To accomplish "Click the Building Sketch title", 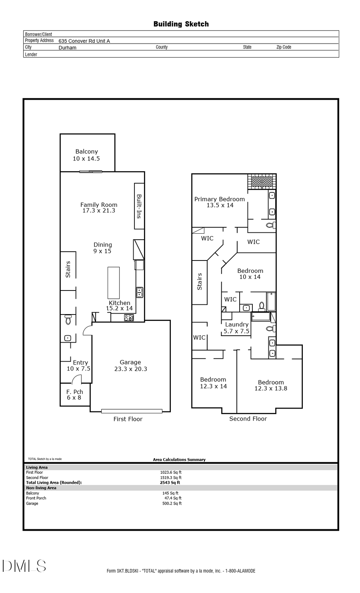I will [x=181, y=24].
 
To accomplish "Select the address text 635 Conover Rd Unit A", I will [x=84, y=41].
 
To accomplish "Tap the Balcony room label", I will [x=86, y=152].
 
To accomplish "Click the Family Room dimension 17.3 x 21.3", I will [x=99, y=210].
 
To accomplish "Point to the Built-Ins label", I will [x=139, y=206].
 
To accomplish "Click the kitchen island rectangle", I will [x=114, y=282].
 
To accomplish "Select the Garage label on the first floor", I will [x=130, y=362].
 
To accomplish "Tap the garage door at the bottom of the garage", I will [x=132, y=411].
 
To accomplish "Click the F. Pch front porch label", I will [x=74, y=392].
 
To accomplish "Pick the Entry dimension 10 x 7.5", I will [x=78, y=369].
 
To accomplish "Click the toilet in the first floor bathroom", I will [x=68, y=320].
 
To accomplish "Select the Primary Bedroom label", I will [x=220, y=199].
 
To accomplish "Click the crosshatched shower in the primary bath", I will [x=262, y=181].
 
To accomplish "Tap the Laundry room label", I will [x=236, y=325].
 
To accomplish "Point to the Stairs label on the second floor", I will [x=200, y=281].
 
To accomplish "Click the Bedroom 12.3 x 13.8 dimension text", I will [x=271, y=388].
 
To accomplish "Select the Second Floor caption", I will [x=248, y=419].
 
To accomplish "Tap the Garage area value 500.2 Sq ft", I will [x=172, y=503].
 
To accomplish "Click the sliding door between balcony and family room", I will [x=91, y=172].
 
